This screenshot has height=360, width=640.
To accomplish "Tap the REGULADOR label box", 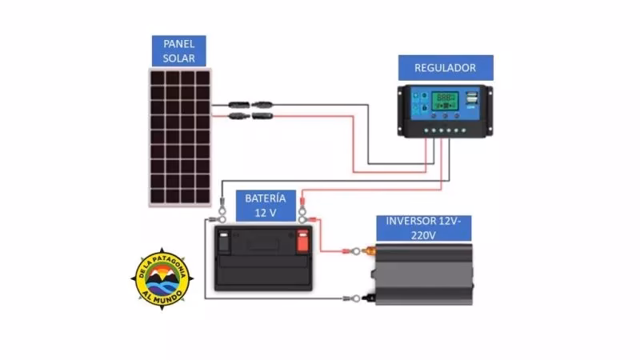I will [x=445, y=68].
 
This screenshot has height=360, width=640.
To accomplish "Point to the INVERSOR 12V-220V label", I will [x=422, y=228].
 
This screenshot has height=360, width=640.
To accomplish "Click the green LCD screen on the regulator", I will [x=442, y=102].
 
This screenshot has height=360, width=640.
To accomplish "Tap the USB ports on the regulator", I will [x=472, y=99].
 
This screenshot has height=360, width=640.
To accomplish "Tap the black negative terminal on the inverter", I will [x=369, y=299].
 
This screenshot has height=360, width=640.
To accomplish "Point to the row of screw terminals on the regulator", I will [x=445, y=131].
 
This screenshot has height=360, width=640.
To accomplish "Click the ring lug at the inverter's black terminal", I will [x=349, y=299].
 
